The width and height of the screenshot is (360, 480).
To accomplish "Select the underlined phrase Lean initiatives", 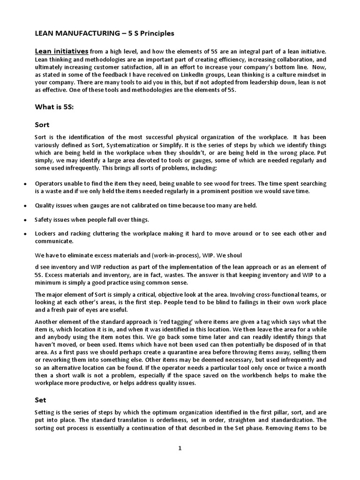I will pos(62,51).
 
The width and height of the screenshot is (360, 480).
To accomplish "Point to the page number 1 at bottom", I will pos(180,448).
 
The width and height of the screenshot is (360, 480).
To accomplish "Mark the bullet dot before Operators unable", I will pos(24,184).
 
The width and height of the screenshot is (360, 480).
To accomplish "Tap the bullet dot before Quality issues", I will pos(24,205).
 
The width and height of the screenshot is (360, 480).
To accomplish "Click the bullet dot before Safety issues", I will pos(24,219).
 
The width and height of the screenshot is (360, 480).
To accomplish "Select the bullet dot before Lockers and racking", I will pos(24,233).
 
